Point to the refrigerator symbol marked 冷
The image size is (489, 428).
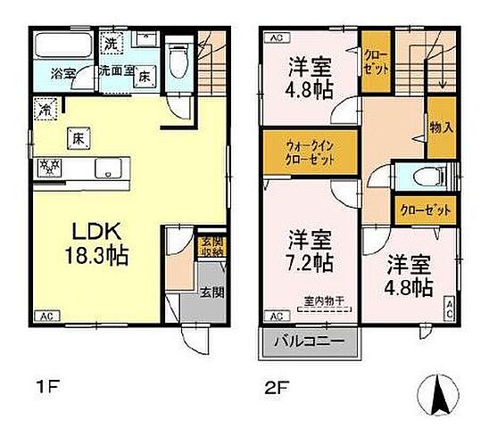[45, 109]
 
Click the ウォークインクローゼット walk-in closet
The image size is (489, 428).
[311, 153]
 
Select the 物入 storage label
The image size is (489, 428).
[441, 128]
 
